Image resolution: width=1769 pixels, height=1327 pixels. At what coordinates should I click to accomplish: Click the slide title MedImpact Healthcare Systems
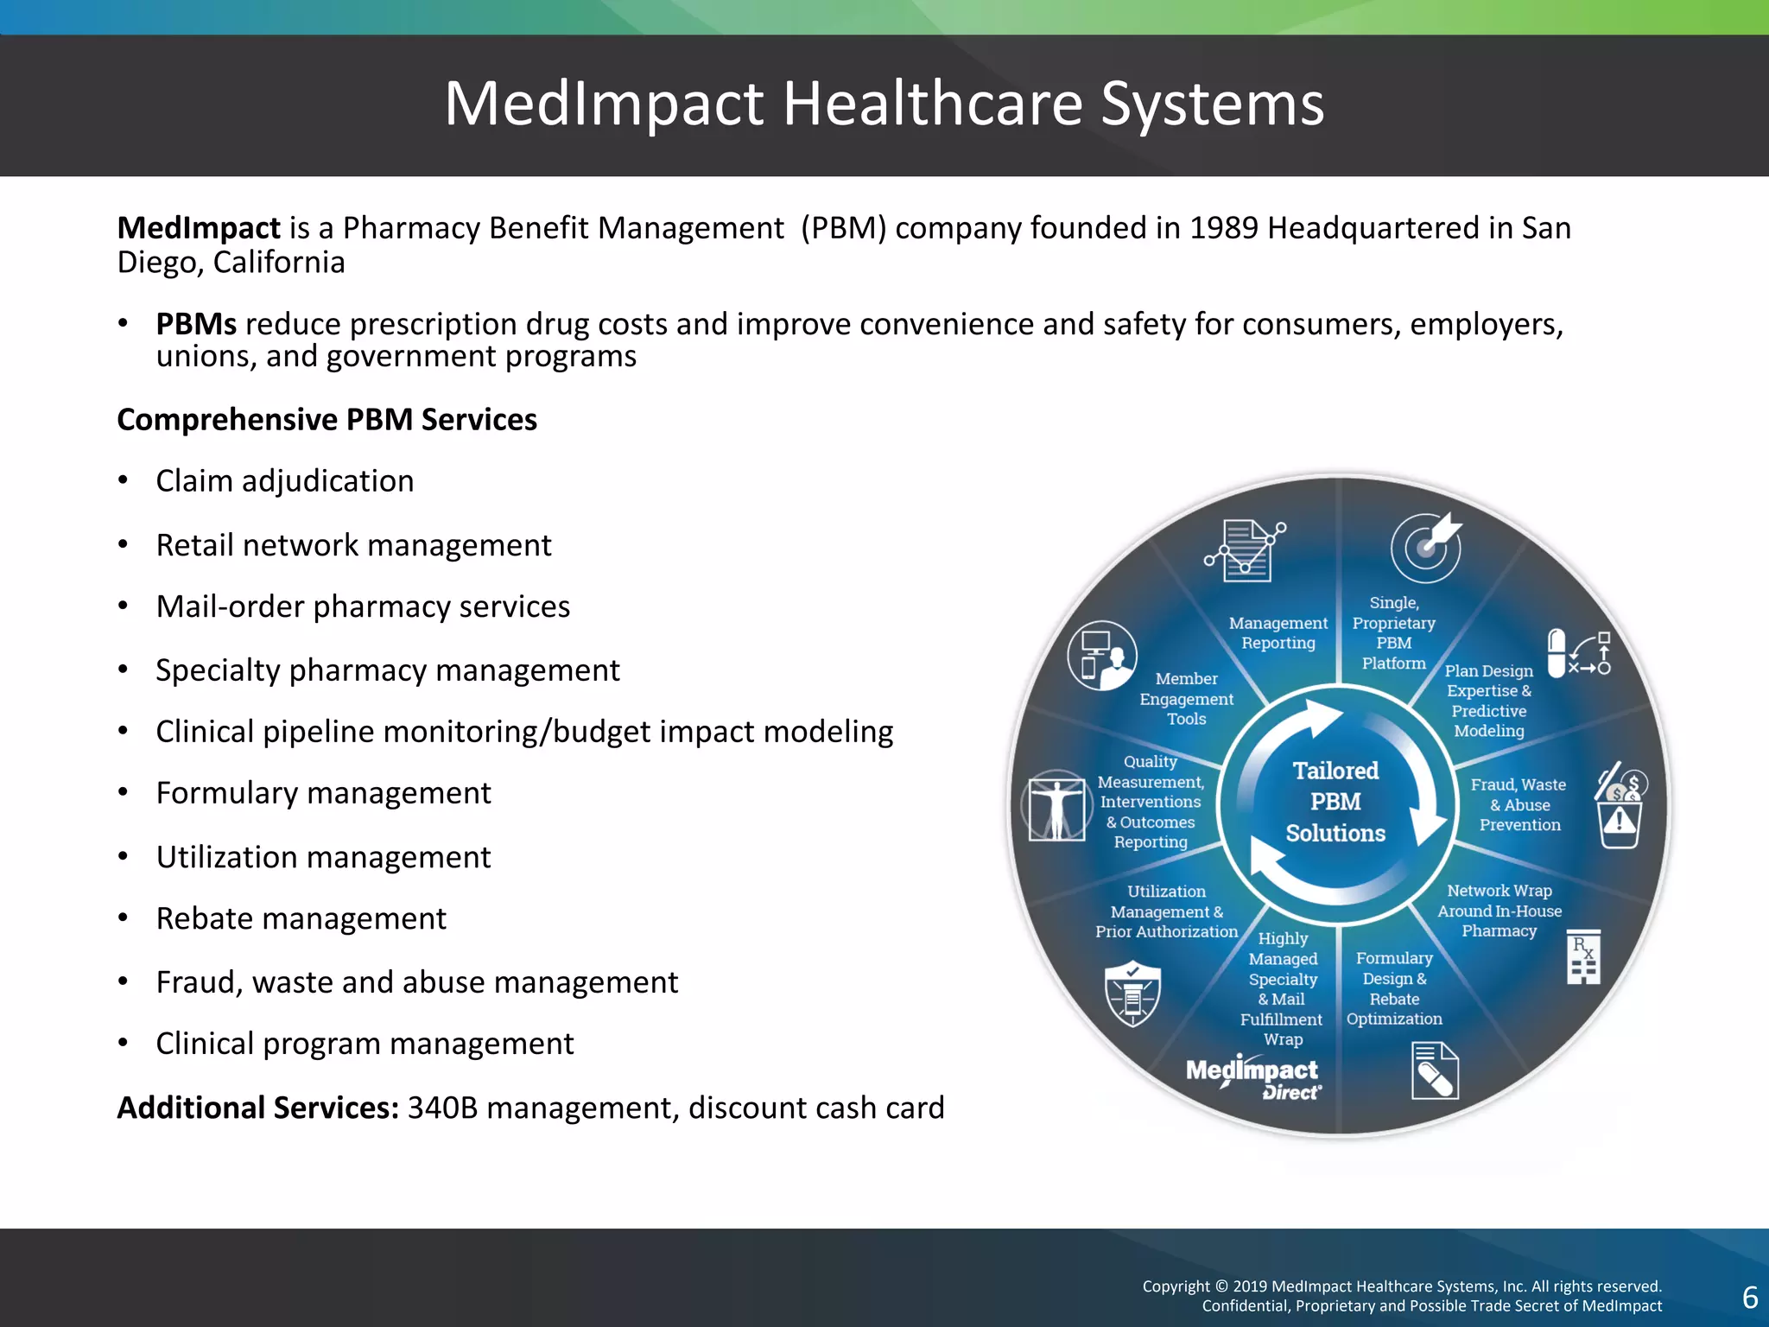coord(884,104)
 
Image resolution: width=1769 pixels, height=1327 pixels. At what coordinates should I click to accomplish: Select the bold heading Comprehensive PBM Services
coord(327,420)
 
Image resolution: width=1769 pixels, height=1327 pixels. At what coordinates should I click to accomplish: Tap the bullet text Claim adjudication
coord(284,481)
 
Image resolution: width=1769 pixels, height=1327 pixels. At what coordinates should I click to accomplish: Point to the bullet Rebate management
coord(301,918)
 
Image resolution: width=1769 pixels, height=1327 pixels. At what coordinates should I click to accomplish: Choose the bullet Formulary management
coord(323,793)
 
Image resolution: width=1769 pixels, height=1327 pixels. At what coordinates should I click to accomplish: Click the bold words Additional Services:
coord(257,1108)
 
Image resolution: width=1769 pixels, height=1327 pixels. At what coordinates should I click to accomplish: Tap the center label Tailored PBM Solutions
coord(1335,802)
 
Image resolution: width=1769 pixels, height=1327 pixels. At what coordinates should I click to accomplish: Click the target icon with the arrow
coord(1426,547)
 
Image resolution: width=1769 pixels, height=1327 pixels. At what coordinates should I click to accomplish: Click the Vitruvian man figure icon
coord(1056,806)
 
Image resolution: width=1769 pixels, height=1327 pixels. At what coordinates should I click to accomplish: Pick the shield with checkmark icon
coord(1132,994)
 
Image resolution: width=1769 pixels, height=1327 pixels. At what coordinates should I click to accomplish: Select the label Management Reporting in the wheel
coord(1278,633)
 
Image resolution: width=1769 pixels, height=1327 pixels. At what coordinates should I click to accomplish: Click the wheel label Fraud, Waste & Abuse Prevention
coord(1519,804)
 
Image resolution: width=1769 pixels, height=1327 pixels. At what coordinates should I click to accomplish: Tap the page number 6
coord(1750,1297)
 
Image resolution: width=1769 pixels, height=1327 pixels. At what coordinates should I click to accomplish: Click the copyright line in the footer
coord(1402,1287)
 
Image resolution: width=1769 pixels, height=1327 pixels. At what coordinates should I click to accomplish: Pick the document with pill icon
coord(1435,1071)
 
